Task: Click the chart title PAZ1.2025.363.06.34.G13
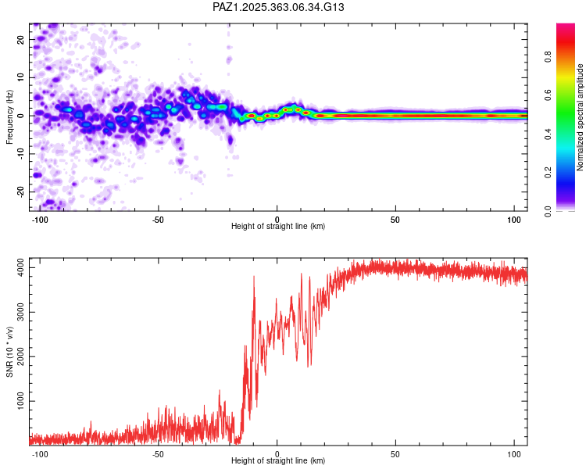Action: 279,7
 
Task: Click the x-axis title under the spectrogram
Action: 278,227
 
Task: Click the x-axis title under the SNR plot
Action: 278,461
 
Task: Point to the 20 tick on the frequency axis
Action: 22,41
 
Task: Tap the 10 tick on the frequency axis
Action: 22,78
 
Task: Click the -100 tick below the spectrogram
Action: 40,218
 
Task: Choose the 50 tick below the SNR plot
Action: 395,453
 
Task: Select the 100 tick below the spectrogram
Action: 514,218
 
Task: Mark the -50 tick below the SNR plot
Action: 159,453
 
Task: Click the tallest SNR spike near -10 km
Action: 254,277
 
